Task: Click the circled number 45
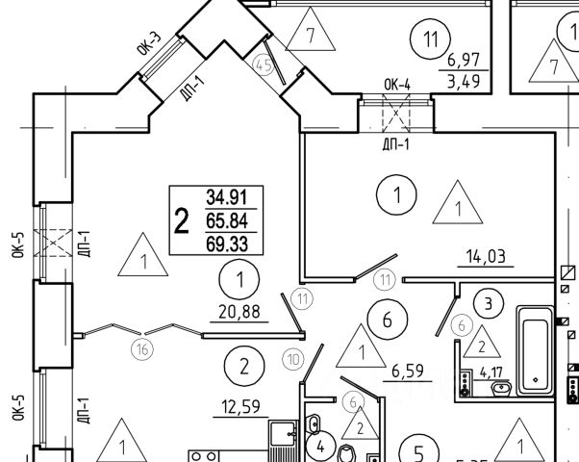(263, 64)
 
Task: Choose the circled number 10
(292, 359)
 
